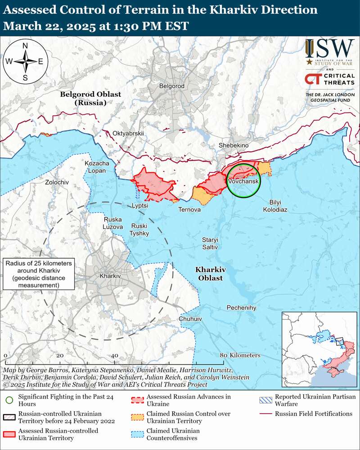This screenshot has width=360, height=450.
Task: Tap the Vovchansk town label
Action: pos(243,181)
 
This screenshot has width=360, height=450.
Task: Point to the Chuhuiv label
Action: pos(190,319)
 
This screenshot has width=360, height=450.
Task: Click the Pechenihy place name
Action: pos(241,307)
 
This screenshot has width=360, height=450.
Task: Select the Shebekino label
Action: pos(233,145)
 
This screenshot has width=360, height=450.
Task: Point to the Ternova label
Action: pos(189,209)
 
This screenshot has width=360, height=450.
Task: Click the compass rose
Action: pos(25,62)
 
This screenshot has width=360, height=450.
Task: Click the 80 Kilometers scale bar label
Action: pos(241,355)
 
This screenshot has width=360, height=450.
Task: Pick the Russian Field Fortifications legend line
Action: pos(266,414)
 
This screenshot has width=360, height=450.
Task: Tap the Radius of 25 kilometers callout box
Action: pos(38,274)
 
